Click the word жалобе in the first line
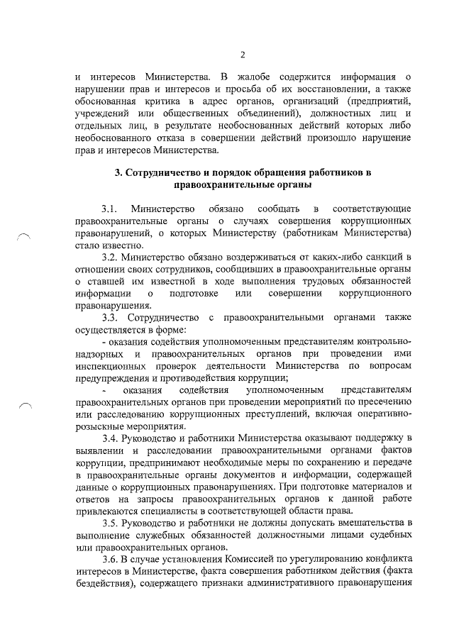[x=253, y=76]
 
